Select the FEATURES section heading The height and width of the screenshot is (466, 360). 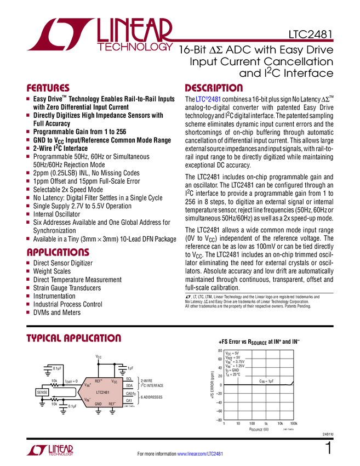[48, 88]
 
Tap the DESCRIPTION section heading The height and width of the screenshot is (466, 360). [214, 88]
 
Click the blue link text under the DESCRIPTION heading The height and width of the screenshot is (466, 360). [208, 100]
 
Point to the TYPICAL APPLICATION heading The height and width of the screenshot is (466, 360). [74, 338]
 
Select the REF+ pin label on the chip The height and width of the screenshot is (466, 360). [99, 380]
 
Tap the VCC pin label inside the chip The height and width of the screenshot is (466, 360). [115, 381]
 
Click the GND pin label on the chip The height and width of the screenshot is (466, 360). [98, 404]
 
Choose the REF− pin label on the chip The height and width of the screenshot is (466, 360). [112, 404]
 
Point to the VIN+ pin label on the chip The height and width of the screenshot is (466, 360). [88, 385]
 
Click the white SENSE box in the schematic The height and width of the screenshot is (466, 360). [42, 392]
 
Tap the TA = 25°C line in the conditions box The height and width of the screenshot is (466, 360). [235, 375]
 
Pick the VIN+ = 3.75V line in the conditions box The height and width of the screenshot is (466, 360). [235, 362]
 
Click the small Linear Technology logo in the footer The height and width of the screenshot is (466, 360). [49, 450]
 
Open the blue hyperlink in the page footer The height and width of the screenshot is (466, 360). [201, 453]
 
